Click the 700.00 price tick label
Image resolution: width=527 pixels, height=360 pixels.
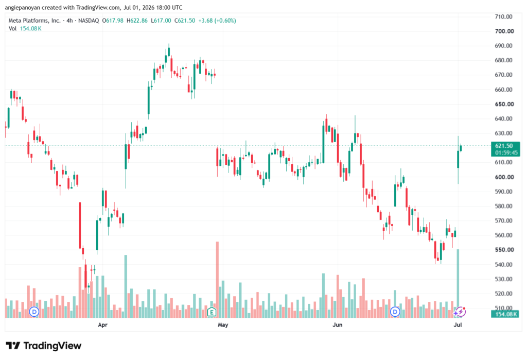504,31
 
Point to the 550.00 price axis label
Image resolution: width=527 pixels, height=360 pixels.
504,250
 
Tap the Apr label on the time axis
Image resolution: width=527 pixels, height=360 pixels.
102,324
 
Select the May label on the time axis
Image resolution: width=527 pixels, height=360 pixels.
223,324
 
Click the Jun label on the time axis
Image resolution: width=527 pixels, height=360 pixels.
338,324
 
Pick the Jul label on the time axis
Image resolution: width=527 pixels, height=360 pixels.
458,324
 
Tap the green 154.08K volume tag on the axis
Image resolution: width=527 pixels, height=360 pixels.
505,314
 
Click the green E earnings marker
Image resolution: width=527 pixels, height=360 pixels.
212,312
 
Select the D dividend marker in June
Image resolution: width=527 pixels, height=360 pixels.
395,312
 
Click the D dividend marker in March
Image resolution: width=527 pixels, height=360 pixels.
34,312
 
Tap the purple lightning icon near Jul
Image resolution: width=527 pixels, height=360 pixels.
460,312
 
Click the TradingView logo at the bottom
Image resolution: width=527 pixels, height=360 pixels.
44,346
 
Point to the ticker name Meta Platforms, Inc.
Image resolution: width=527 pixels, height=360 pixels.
34,21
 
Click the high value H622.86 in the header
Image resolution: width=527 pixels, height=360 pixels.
137,21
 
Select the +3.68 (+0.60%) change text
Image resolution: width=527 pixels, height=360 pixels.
217,21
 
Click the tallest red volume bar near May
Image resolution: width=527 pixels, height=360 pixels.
218,280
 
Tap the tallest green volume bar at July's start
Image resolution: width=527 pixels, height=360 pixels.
458,284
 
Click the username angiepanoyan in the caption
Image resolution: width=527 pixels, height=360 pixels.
22,7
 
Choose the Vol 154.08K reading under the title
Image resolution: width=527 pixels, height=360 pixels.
25,29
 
